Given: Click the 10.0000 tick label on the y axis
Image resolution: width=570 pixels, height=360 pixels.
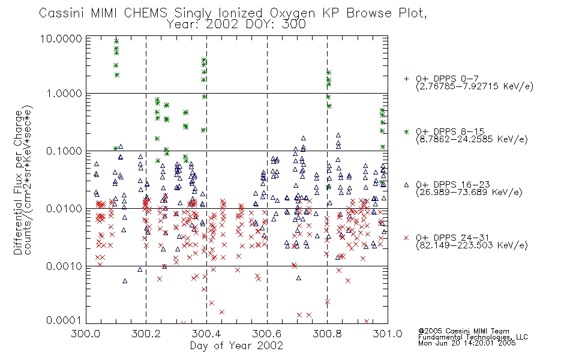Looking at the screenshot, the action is pyautogui.click(x=61, y=38).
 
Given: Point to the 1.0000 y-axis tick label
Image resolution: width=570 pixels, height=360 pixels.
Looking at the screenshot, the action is pyautogui.click(x=64, y=94).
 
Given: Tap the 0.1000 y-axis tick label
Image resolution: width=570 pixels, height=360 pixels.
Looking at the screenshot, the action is pyautogui.click(x=64, y=151).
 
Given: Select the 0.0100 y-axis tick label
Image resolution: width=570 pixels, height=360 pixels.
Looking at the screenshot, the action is pyautogui.click(x=64, y=209).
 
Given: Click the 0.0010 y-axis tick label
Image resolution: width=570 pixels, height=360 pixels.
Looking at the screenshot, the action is pyautogui.click(x=64, y=266).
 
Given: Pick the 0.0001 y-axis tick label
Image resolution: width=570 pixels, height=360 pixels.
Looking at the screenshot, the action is pyautogui.click(x=64, y=320).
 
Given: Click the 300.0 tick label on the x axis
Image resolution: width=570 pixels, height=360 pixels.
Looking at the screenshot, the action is pyautogui.click(x=86, y=334).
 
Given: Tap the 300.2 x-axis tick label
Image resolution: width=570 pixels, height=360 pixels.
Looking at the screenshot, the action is pyautogui.click(x=146, y=334).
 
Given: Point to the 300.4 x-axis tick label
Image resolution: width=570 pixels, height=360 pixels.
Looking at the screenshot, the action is pyautogui.click(x=206, y=334).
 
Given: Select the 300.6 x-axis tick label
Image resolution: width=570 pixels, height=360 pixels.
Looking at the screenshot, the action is pyautogui.click(x=267, y=334).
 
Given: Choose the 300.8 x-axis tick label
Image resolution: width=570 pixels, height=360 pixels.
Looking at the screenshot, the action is pyautogui.click(x=327, y=334).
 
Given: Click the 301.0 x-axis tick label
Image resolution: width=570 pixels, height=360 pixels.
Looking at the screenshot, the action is pyautogui.click(x=388, y=334).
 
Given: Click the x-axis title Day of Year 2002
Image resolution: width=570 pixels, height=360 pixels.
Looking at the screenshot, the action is pyautogui.click(x=236, y=346).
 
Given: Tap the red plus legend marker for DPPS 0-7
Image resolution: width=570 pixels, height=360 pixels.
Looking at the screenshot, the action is pyautogui.click(x=406, y=79).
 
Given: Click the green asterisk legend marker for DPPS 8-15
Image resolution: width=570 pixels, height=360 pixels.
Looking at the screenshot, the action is pyautogui.click(x=406, y=131).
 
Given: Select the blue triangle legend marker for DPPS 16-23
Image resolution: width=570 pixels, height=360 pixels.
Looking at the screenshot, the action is pyautogui.click(x=406, y=185).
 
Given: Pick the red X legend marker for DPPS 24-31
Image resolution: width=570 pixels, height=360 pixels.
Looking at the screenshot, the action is pyautogui.click(x=406, y=238).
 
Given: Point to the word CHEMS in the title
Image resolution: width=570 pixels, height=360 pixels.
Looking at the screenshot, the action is pyautogui.click(x=145, y=13).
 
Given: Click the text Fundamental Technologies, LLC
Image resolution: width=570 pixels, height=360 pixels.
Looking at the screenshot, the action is pyautogui.click(x=473, y=337).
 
